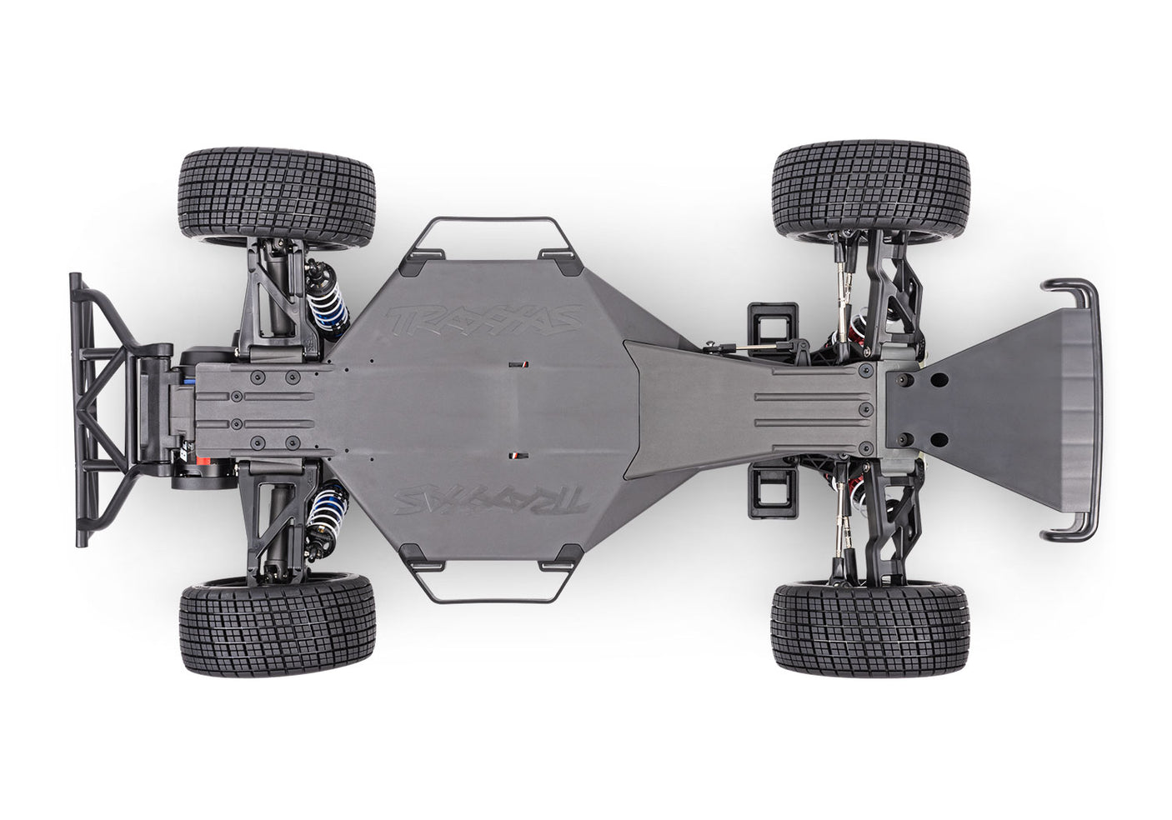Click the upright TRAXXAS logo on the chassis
tap(484, 318)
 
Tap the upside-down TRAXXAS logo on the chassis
tap(493, 501)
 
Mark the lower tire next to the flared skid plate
tap(870, 627)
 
